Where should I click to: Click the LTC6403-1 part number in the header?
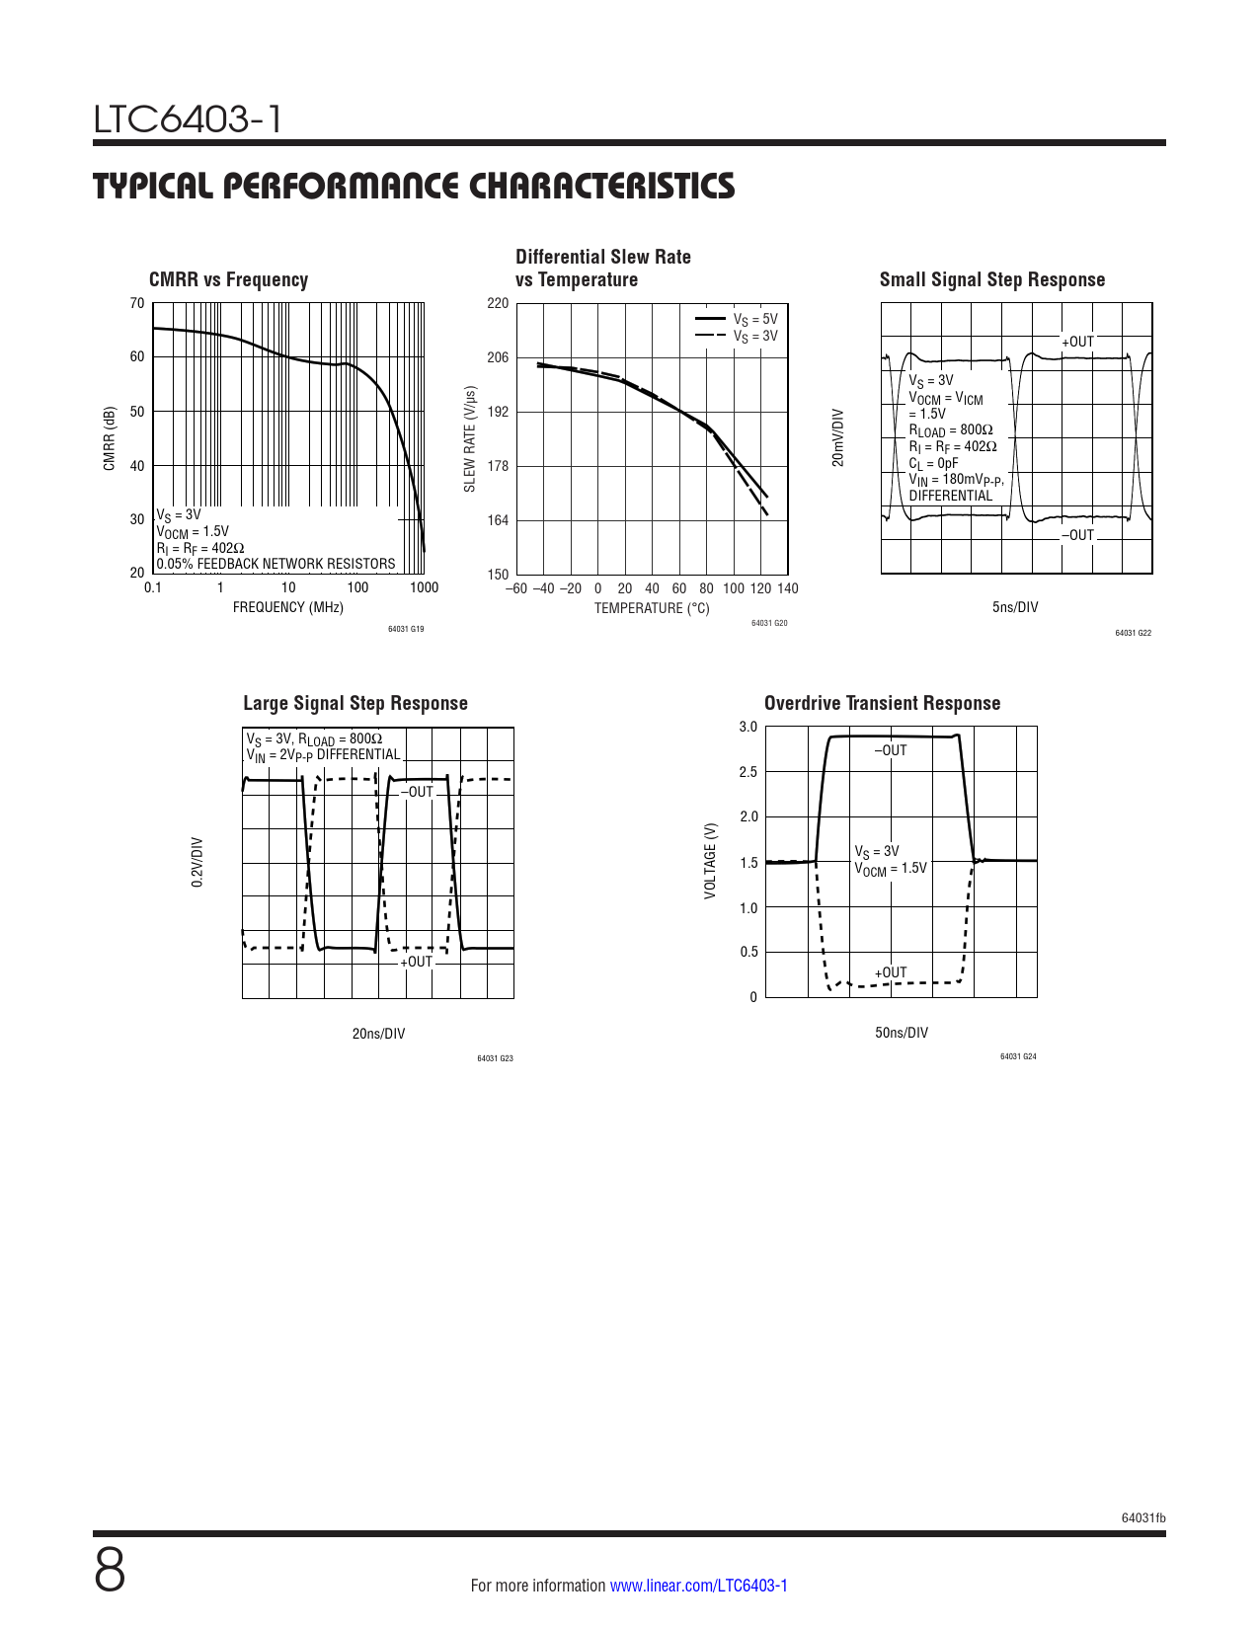coord(188,119)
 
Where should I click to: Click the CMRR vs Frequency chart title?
coord(228,280)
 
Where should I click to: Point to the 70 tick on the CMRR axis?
coord(137,303)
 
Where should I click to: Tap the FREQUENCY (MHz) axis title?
coord(288,607)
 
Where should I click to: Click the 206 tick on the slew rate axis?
coord(498,357)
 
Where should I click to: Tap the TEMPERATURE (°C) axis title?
coord(652,608)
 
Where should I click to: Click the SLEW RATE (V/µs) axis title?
coord(470,439)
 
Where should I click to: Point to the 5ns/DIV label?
coord(1015,607)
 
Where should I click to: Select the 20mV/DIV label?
coord(838,437)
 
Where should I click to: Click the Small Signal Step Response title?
coord(992,280)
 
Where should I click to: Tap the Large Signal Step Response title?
coord(355,704)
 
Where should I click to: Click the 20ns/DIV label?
coord(378,1034)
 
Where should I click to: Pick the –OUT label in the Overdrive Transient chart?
coord(890,750)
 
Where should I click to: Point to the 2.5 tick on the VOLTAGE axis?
coord(748,772)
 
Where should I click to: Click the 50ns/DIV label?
coord(902,1033)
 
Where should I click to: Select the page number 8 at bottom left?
coord(111,1571)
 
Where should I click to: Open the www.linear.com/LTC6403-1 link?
coord(698,1586)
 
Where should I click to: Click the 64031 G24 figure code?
coord(1018,1056)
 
